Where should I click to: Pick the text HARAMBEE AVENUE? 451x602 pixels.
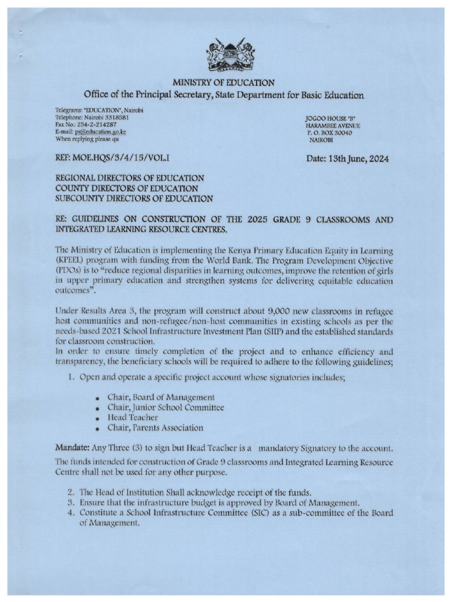pos(332,126)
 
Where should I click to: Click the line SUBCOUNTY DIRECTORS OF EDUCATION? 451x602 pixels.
pos(134,199)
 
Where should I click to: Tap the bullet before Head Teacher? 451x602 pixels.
pos(96,418)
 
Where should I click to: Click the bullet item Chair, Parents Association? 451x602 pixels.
pos(155,427)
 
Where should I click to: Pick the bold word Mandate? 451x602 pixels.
pos(73,448)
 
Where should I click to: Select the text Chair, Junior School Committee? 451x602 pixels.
pos(166,407)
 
